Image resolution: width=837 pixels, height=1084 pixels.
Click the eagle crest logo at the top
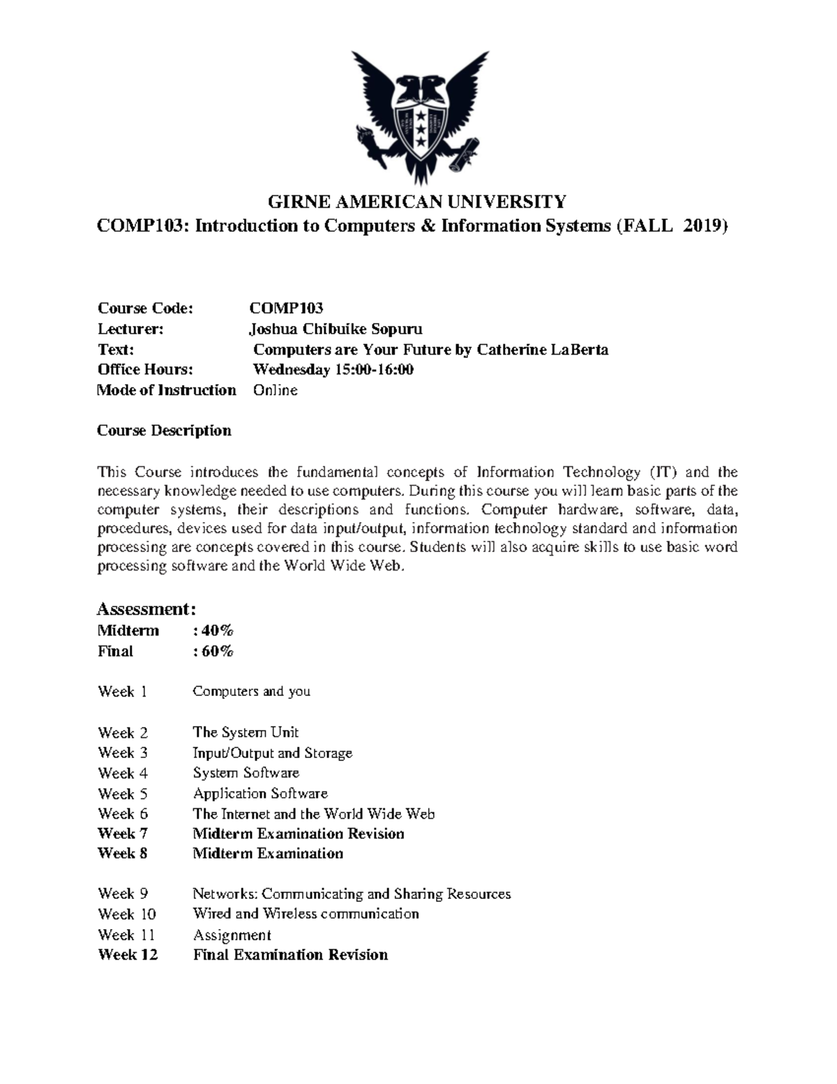pos(418,117)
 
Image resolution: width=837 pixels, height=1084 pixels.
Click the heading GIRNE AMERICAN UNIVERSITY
pos(417,202)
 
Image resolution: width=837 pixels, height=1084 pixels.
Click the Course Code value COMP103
pos(287,309)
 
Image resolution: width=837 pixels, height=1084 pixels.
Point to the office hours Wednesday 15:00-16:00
pos(333,369)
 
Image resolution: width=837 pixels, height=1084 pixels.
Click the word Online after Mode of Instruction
pos(275,390)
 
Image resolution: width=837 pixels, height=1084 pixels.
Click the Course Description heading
pos(164,431)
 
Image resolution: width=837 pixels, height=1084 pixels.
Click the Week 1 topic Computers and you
pos(251,692)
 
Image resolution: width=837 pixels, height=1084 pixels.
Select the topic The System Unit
pos(246,732)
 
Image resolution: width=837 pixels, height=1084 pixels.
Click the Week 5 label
pos(123,794)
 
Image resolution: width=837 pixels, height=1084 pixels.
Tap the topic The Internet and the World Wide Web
pos(313,814)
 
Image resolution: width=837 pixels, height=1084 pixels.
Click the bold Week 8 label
pos(123,854)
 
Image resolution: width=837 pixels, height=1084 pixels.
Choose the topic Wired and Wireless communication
pos(306,914)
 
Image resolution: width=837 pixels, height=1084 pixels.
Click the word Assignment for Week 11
pos(232,935)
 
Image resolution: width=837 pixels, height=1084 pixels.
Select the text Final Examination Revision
pos(290,955)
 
